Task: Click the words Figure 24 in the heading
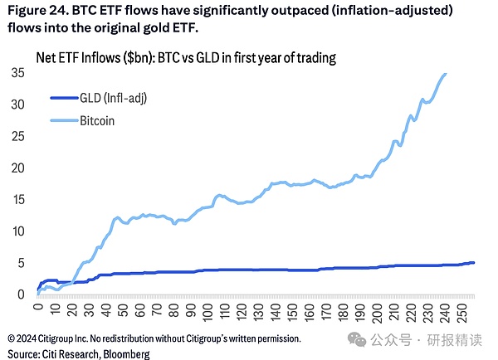click(38, 12)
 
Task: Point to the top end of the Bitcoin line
click(446, 74)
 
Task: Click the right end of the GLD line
click(474, 263)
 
